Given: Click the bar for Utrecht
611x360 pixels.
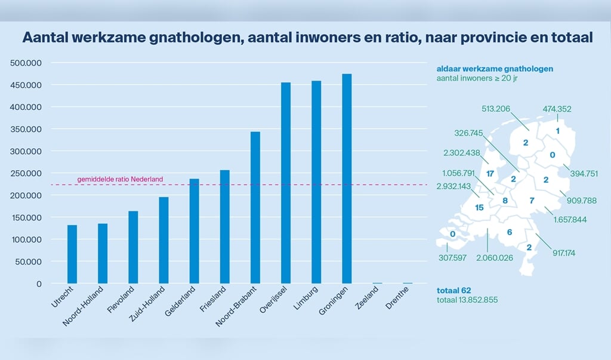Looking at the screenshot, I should point(72,254).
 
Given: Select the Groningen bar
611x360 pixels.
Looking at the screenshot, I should point(347,179).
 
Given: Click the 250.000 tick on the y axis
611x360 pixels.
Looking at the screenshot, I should point(26,174).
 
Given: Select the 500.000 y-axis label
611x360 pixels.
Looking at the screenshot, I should point(26,63).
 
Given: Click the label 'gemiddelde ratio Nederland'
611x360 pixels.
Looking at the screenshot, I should point(120,179).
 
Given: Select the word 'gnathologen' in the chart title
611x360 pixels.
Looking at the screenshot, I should point(186,38).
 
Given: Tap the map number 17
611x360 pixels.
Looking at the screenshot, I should point(490,174).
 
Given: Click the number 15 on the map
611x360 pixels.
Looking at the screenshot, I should point(479,208).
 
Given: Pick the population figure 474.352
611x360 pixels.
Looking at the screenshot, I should point(557,109).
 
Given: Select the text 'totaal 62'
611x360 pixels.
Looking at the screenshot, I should point(454,290).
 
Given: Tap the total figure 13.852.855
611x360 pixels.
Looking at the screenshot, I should point(467,300).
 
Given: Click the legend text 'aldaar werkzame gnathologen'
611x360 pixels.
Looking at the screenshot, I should point(495,69).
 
